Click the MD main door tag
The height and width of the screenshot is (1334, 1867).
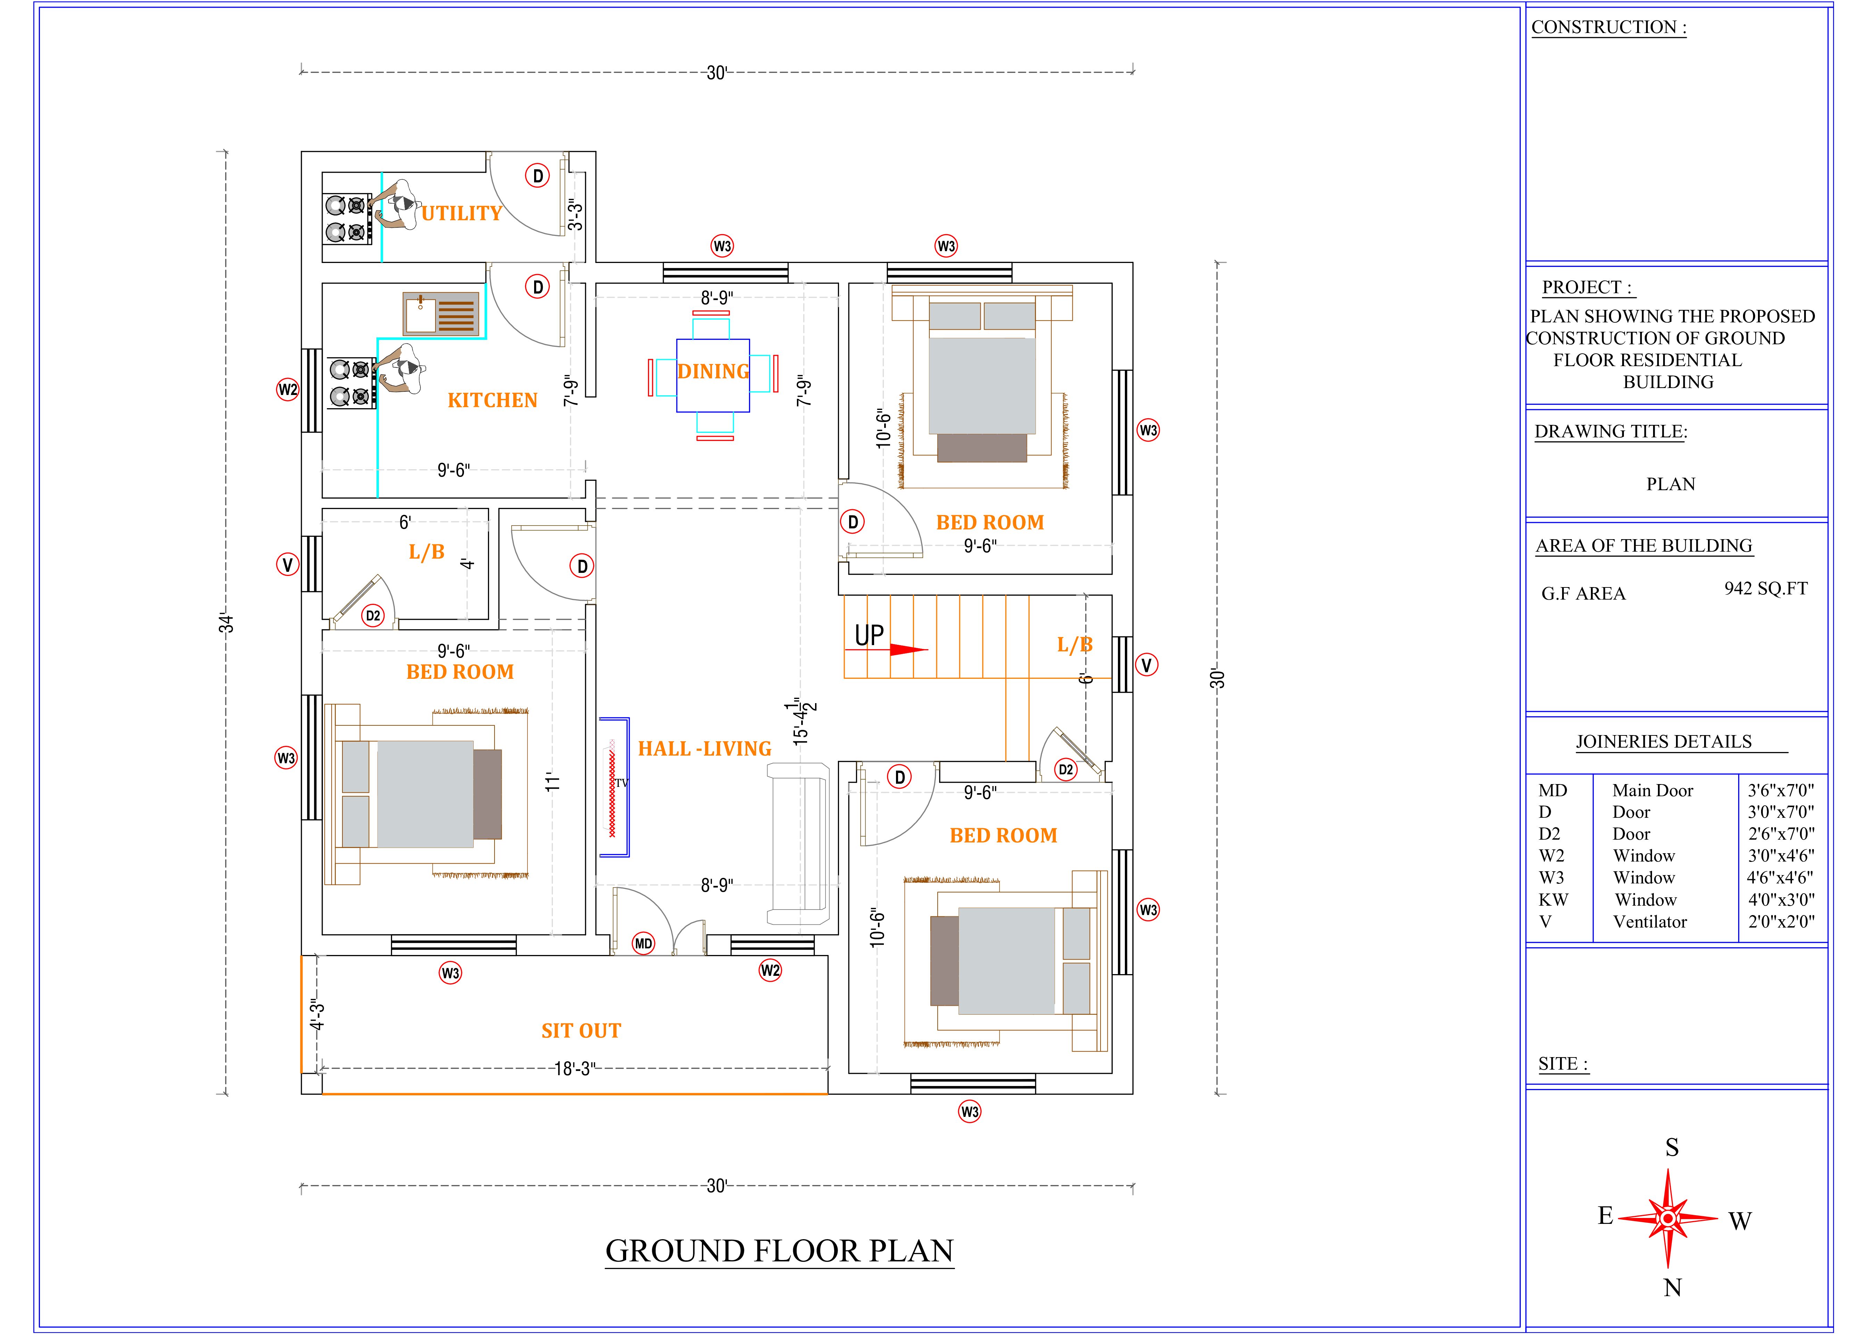[643, 944]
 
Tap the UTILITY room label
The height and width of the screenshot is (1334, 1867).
[462, 214]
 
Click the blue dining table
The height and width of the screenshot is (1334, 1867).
[713, 376]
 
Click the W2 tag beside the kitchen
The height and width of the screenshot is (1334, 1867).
[287, 389]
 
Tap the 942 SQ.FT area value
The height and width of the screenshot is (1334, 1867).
[1766, 588]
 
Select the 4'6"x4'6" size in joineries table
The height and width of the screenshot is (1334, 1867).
[1780, 877]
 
